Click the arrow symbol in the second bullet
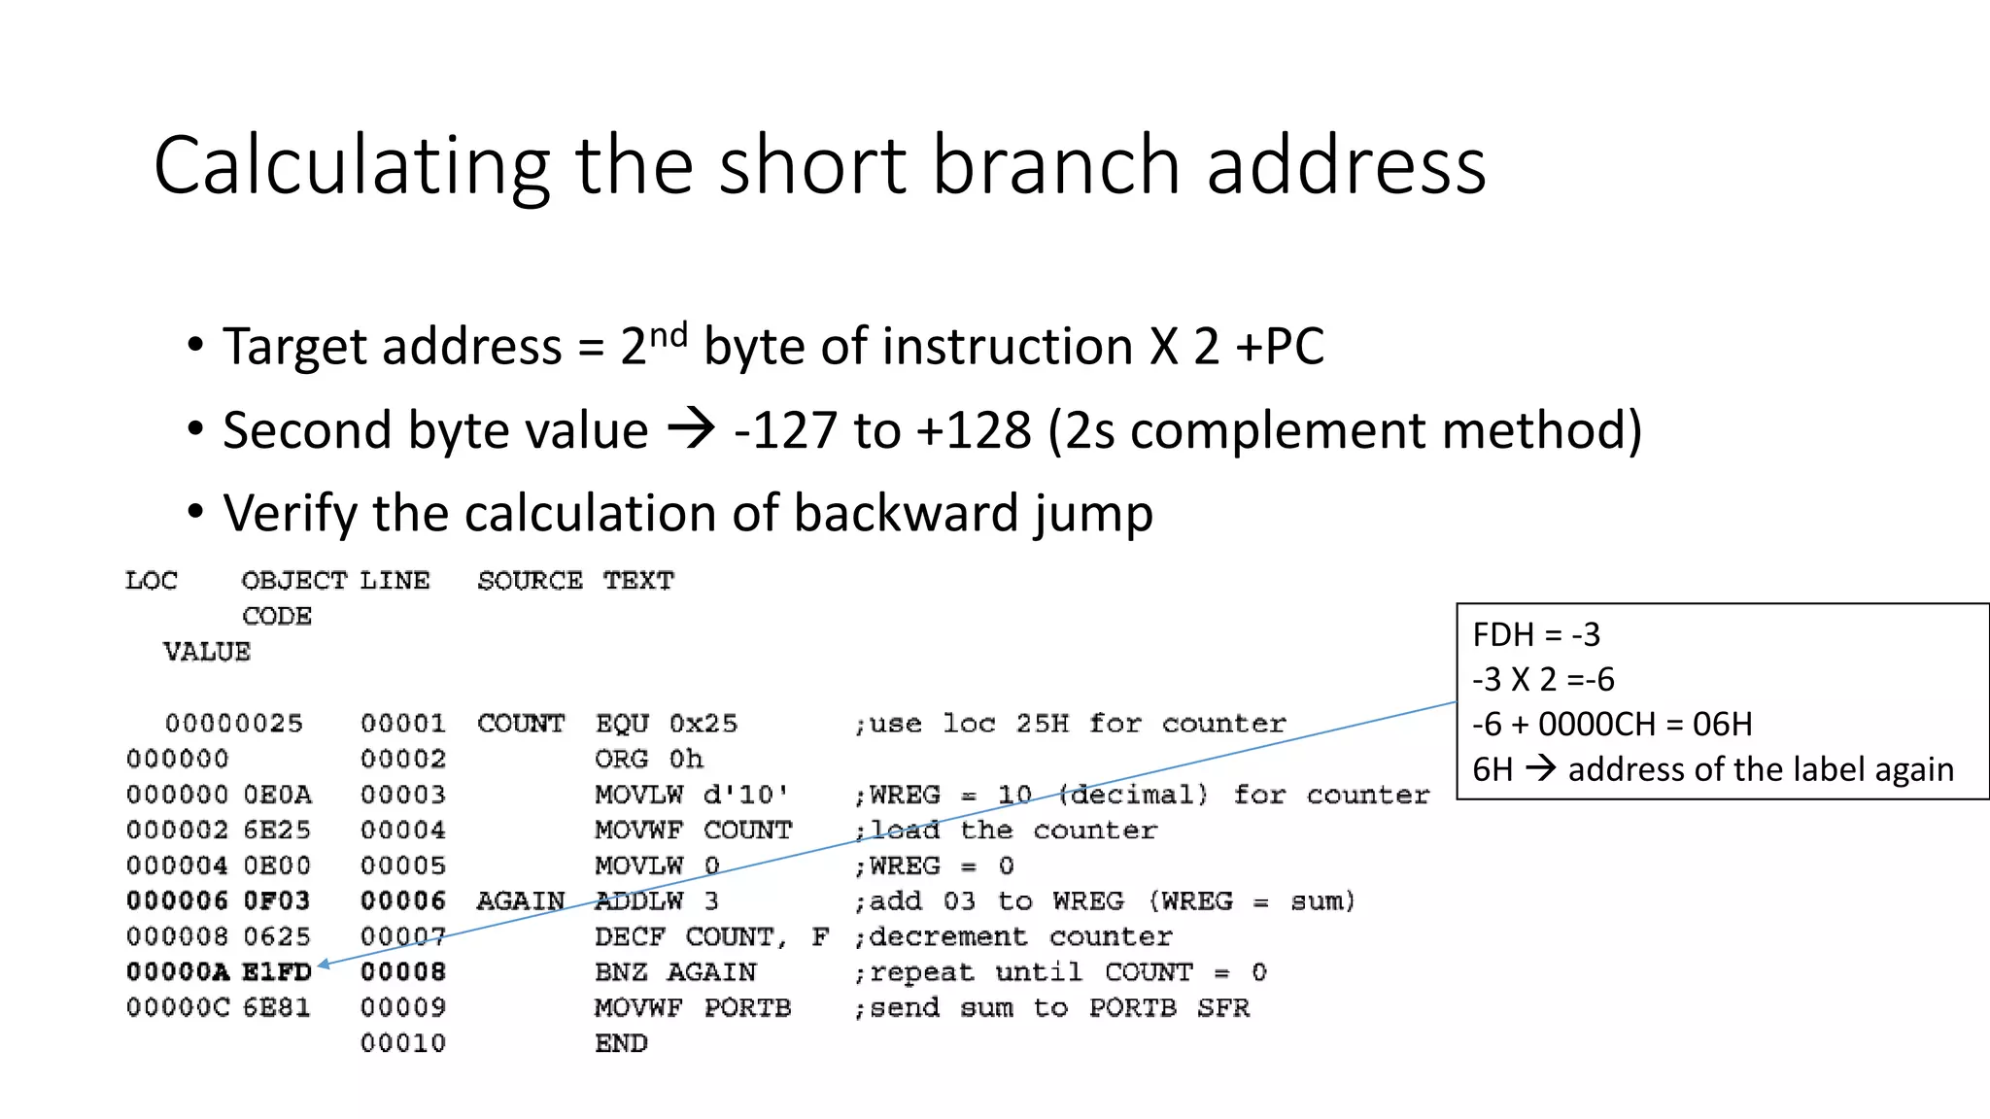[691, 428]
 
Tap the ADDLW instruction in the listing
[638, 901]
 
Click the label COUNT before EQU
[520, 724]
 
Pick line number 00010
[402, 1043]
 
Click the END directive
[621, 1043]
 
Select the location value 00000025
[233, 724]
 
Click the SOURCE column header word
[530, 581]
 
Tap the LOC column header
[152, 581]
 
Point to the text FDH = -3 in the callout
[1535, 635]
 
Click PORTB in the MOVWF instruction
[747, 1008]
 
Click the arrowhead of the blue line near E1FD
[324, 965]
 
